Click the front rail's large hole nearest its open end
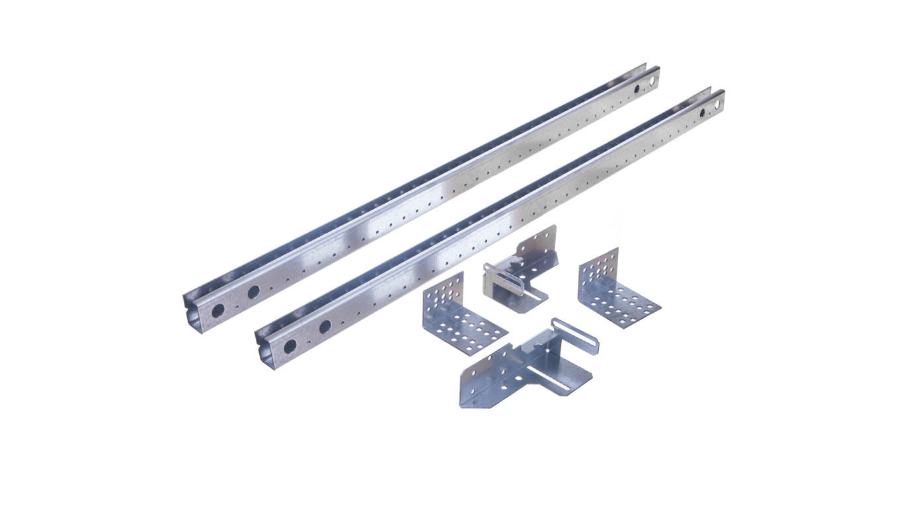[290, 345]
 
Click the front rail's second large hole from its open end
[325, 327]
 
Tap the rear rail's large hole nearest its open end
[217, 311]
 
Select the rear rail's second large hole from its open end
[253, 292]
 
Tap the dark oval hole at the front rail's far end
[702, 113]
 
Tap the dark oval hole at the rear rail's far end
[637, 89]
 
